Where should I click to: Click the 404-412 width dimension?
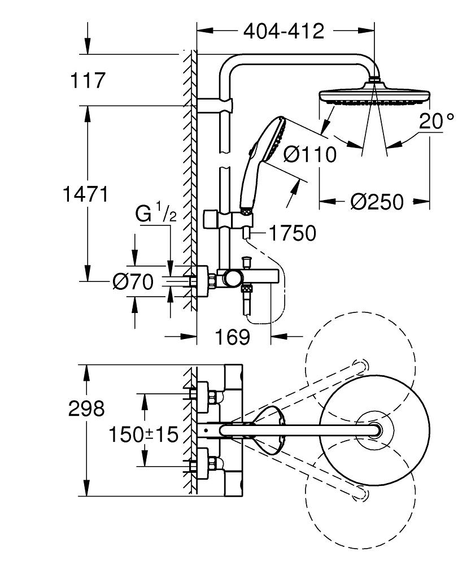[284, 31]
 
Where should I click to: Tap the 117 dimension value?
[88, 80]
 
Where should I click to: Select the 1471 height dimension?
[85, 194]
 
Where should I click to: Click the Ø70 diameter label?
[133, 282]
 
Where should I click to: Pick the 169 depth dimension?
[233, 337]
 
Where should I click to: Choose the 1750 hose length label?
[292, 233]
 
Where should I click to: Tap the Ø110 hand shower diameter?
[309, 154]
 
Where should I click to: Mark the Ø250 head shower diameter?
[377, 201]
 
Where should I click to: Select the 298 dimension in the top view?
[86, 408]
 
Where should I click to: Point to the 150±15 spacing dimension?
[143, 434]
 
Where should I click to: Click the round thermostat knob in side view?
[232, 277]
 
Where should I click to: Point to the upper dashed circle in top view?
[360, 366]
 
